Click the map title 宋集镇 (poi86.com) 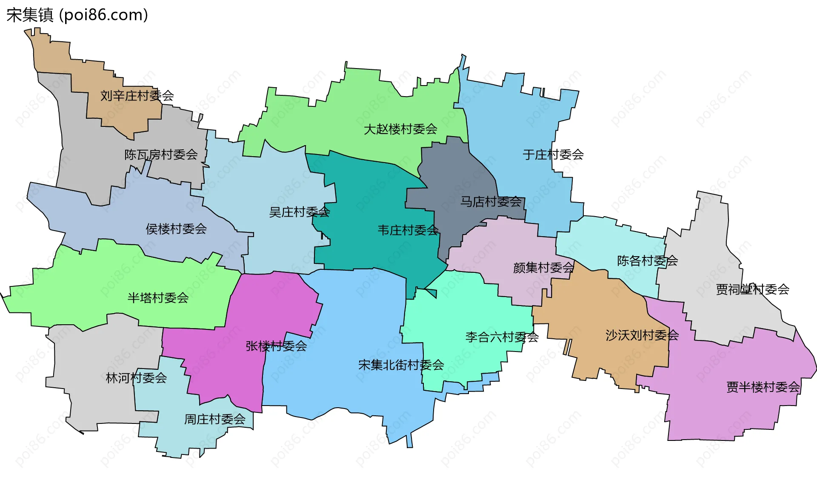coord(77,15)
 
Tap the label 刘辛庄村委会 coord(137,96)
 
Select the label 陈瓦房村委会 coord(161,154)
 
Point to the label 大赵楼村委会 coord(400,129)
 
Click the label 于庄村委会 coord(553,154)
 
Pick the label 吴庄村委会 coord(299,212)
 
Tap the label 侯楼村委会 coord(176,229)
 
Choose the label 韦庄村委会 coord(408,230)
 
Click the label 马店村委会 coord(491,202)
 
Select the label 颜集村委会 coord(543,268)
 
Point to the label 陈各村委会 coord(647,261)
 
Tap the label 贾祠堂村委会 coord(752,290)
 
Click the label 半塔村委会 coord(158,298)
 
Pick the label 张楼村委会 coord(276,346)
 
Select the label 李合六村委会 coord(502,337)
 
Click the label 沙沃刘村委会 coord(642,335)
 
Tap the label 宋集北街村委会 coord(401,365)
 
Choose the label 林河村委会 coord(136,377)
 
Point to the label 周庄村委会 coord(214,419)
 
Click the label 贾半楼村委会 coord(763,387)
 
